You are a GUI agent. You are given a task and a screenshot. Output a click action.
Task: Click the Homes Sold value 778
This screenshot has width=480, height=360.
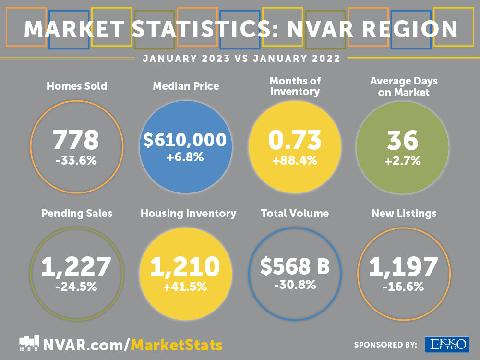coord(76,140)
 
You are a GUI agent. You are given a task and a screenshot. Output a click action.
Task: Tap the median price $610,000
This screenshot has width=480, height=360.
coord(185,140)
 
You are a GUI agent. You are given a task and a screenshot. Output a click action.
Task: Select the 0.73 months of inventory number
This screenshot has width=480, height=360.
coord(294,140)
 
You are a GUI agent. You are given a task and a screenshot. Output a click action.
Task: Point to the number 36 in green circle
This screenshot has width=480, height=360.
coord(402,140)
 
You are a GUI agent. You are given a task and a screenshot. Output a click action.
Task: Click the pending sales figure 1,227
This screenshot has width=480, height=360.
coord(76,267)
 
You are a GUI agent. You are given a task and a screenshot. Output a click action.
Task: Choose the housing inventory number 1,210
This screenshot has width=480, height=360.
coord(185,267)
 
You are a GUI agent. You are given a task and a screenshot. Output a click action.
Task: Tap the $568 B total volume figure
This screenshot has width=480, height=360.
coord(295,267)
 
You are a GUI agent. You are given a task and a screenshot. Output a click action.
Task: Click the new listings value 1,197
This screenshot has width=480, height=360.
coord(403,267)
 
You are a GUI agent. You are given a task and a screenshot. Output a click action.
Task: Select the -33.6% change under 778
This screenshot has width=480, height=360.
coord(76,161)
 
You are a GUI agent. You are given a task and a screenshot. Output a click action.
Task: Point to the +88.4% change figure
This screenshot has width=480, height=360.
coord(294,161)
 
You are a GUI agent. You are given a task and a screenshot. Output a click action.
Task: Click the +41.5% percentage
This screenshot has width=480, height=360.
coord(185,287)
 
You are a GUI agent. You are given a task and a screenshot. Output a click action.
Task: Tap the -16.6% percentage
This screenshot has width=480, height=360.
coord(403,287)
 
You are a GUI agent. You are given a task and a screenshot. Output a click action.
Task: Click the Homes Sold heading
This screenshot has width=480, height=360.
coord(76,86)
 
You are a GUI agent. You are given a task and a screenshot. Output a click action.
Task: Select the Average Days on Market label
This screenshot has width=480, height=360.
coord(404,87)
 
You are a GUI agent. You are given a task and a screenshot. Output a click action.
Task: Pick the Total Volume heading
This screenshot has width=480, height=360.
coord(294,213)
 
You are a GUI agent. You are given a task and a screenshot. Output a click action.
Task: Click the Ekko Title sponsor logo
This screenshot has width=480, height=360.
coord(446,344)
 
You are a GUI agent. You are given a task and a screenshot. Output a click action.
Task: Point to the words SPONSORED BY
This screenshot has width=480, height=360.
coord(385,345)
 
